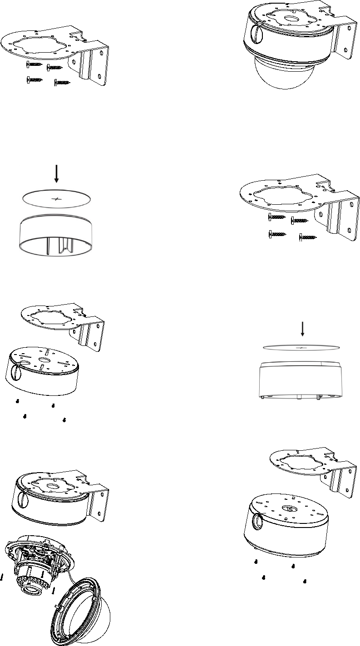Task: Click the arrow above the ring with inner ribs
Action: point(56,173)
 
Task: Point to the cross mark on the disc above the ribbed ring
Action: point(56,199)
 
